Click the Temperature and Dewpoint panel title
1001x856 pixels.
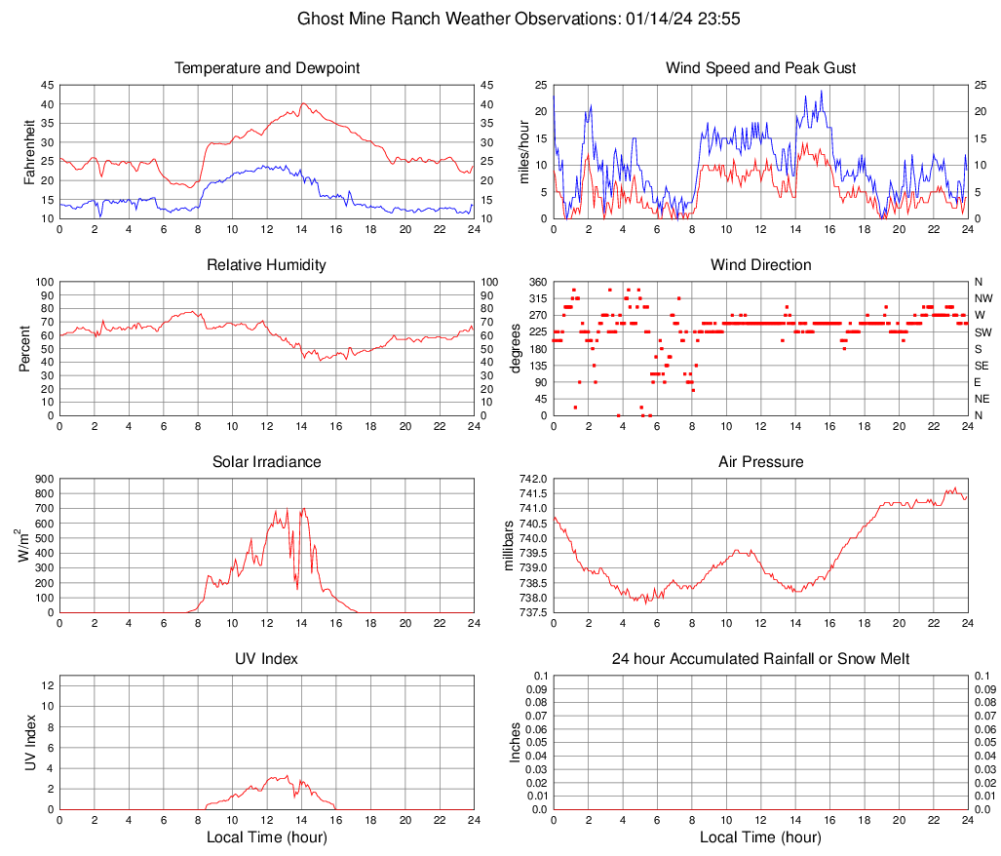tap(267, 68)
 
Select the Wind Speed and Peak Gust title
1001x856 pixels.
tap(760, 68)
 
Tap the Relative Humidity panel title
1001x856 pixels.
tap(267, 265)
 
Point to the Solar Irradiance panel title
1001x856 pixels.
tap(267, 462)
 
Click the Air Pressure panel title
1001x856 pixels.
tap(760, 462)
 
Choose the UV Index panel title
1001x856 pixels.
tap(267, 659)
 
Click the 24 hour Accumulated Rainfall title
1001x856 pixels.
tap(760, 659)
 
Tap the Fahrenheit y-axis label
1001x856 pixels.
tap(28, 152)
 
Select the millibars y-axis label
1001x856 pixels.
tap(508, 546)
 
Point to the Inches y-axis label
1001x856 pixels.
tap(516, 743)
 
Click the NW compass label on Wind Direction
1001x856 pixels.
tap(982, 298)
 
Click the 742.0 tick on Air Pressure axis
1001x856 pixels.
tap(533, 479)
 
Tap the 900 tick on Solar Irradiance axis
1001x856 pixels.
tap(45, 479)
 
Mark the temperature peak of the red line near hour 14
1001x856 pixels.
tap(303, 103)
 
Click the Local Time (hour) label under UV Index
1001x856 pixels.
tap(267, 837)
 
